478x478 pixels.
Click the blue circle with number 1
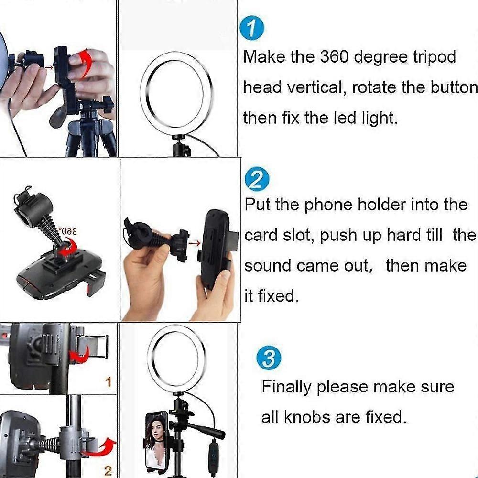click(x=252, y=28)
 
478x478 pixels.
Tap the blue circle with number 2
click(x=257, y=179)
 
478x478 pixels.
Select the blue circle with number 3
click(x=269, y=358)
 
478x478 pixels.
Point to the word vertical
click(x=317, y=87)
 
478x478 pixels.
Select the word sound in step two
click(x=268, y=265)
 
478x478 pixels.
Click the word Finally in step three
click(x=286, y=387)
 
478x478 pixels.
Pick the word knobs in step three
click(x=307, y=417)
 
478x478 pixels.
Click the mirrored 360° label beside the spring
click(x=68, y=231)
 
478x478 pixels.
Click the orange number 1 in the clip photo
click(x=108, y=381)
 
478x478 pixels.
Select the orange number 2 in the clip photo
click(x=108, y=471)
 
